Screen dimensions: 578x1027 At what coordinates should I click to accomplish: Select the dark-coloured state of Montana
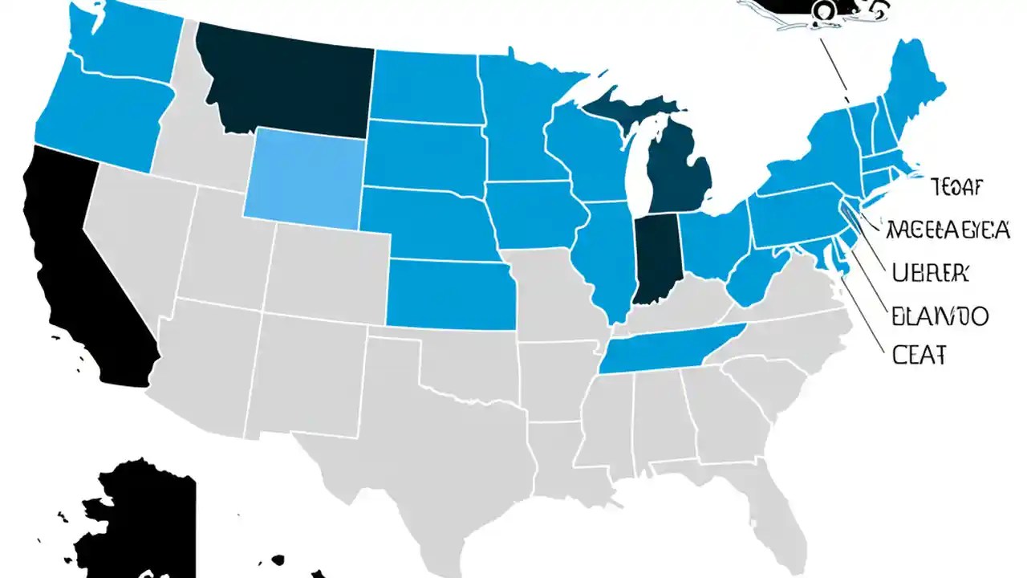[x=281, y=80]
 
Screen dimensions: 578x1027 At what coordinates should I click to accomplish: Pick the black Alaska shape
[x=144, y=522]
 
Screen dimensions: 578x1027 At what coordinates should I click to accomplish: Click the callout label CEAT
[x=919, y=354]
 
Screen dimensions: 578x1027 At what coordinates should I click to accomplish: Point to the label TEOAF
[x=956, y=188]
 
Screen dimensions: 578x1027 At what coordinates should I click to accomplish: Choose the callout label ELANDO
[x=940, y=315]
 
